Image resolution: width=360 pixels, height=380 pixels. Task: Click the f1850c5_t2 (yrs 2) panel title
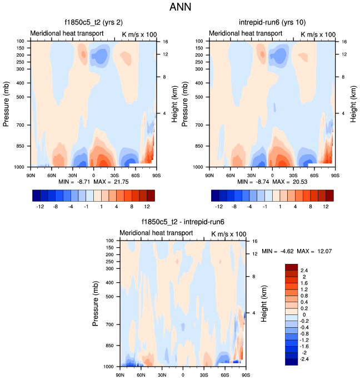click(x=93, y=23)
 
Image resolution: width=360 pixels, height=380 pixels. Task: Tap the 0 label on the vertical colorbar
click(x=304, y=314)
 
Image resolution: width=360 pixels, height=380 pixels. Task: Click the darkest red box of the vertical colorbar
click(x=292, y=267)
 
